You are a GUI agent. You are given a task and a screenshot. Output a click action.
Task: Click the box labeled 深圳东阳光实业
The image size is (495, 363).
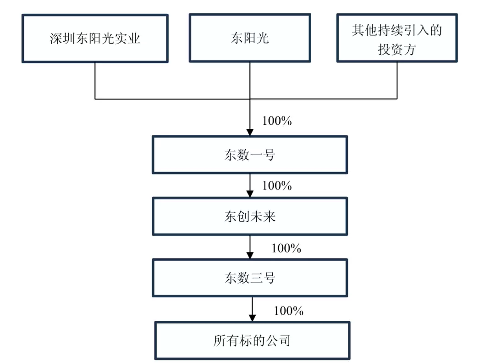[x=95, y=38]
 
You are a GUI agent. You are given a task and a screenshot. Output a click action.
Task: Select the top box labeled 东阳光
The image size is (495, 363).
[x=250, y=38]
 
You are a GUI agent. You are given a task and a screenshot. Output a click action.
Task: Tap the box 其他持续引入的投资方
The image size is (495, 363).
[x=397, y=38]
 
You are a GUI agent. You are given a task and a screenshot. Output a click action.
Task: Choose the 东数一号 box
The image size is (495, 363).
[x=250, y=155]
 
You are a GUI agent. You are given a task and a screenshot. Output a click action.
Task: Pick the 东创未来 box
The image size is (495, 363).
[x=250, y=216]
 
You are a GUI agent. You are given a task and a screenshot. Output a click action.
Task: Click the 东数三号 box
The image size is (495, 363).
[x=250, y=278]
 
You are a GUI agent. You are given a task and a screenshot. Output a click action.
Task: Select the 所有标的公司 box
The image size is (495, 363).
[x=252, y=340]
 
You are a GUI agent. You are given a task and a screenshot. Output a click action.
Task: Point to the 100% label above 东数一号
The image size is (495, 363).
[x=277, y=121]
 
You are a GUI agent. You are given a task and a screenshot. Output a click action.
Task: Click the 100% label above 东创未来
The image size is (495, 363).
[x=277, y=186]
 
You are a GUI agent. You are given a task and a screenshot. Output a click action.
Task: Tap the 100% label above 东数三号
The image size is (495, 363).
[x=286, y=248]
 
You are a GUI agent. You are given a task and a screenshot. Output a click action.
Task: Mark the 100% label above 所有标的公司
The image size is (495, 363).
[x=288, y=311]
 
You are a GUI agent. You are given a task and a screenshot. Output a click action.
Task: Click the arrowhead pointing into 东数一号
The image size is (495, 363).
[x=250, y=132]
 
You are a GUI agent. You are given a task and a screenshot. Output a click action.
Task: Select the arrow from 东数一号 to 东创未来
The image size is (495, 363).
[x=250, y=185]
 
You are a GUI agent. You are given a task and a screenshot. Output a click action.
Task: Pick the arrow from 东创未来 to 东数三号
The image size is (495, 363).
[x=250, y=247]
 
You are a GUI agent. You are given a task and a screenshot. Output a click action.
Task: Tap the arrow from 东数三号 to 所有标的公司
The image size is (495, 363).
[x=252, y=309]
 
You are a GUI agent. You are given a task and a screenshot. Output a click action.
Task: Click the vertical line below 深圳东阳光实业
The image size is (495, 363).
[x=95, y=80]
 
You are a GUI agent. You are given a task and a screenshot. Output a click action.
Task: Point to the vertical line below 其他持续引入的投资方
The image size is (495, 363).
[x=397, y=80]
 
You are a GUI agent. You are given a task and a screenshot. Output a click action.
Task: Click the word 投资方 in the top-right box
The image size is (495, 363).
[x=397, y=49]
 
